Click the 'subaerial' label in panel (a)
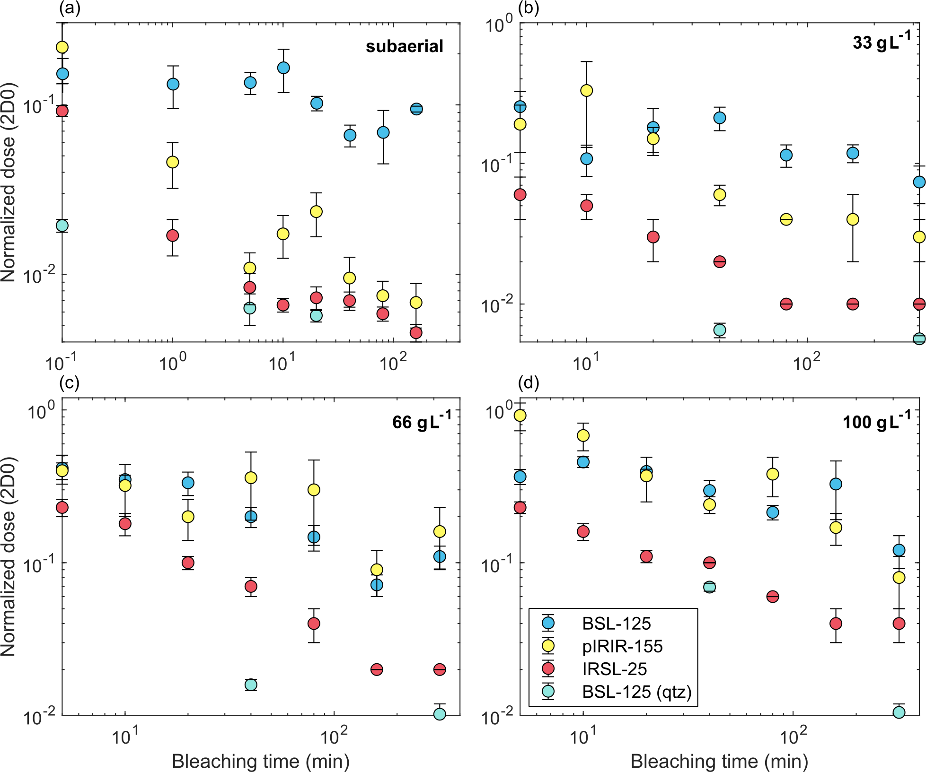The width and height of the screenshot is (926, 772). tap(405, 46)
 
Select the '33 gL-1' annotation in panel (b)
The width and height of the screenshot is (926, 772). tap(881, 43)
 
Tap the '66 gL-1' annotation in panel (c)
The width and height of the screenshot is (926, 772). tap(422, 421)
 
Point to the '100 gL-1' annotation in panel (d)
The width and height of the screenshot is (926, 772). tap(876, 421)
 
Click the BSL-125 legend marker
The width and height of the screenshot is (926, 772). tap(548, 623)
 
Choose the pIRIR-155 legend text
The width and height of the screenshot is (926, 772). tap(622, 646)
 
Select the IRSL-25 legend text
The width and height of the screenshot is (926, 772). tap(614, 669)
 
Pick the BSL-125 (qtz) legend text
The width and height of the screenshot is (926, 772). tap(636, 692)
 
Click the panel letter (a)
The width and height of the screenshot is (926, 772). tap(70, 9)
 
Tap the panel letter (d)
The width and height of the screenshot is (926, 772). tap(529, 383)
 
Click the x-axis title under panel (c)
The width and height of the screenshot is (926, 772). tap(261, 761)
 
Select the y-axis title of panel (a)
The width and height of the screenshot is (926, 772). tap(9, 182)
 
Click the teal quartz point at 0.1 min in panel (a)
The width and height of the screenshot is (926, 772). tap(62, 226)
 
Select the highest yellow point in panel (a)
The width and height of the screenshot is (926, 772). tap(62, 47)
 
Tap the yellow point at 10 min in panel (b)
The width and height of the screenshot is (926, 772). tap(586, 90)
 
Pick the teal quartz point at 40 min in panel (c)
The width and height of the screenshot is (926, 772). tap(251, 685)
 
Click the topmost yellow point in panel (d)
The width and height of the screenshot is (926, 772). tap(520, 415)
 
